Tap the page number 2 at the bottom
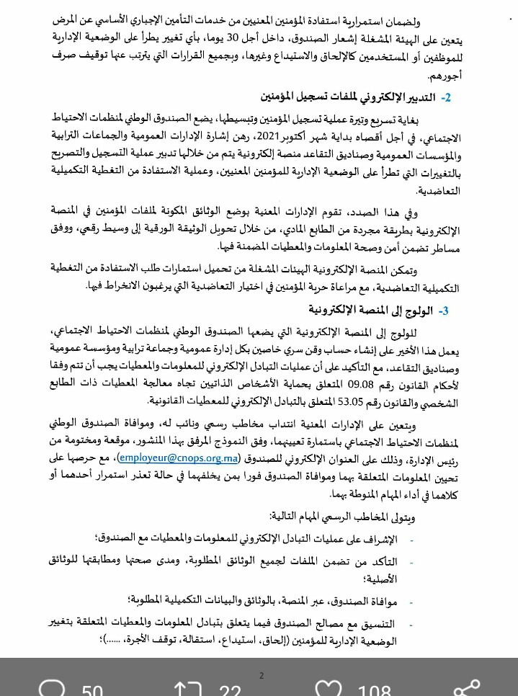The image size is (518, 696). click(262, 675)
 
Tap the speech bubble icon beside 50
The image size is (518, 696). click(53, 691)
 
